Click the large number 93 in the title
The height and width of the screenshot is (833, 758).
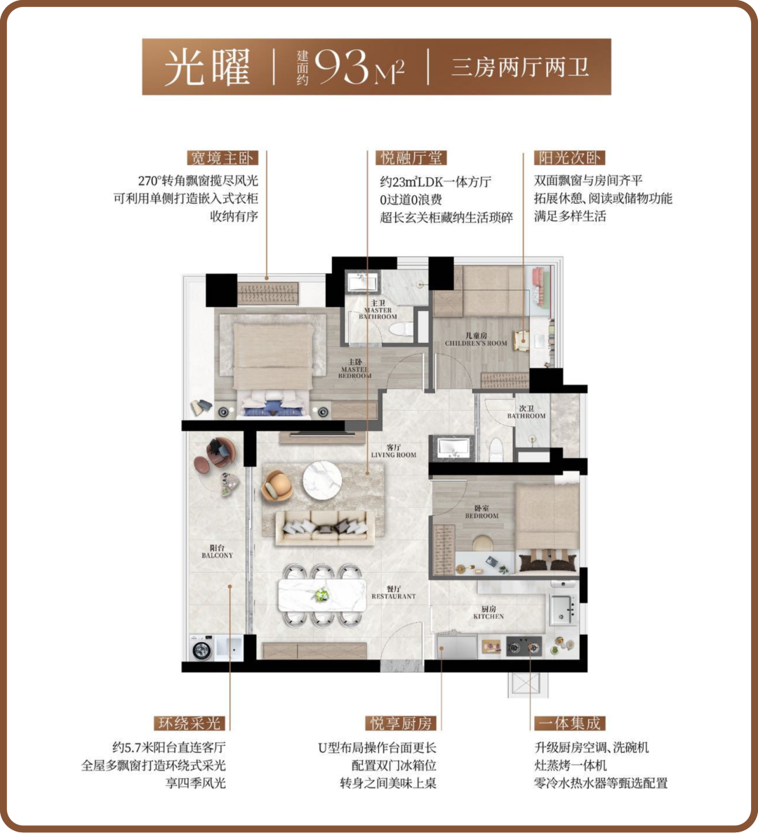pos(341,67)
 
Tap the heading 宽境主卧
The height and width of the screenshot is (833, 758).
pos(222,158)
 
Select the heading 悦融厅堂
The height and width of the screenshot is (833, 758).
pos(411,158)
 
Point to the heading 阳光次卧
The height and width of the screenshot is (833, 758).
pos(570,158)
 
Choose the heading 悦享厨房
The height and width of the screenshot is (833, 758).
pos(401,723)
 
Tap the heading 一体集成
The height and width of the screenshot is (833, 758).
pos(570,723)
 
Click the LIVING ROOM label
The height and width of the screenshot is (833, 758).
pos(393,454)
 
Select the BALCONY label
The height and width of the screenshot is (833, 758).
pos(217,555)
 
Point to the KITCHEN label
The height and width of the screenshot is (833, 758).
pos(488,616)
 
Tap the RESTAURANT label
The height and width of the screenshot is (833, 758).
pos(393,596)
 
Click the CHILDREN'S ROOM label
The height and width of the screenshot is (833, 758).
pos(476,343)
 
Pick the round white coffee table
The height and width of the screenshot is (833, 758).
pos(322,480)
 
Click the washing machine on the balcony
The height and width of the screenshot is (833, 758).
pos(202,648)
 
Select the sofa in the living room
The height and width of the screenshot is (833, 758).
pos(324,527)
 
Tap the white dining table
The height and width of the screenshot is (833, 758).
pos(322,595)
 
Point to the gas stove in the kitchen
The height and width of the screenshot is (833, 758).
pos(524,647)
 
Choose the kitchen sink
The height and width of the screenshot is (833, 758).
pos(563,610)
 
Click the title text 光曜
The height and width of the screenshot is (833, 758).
pos(207,67)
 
